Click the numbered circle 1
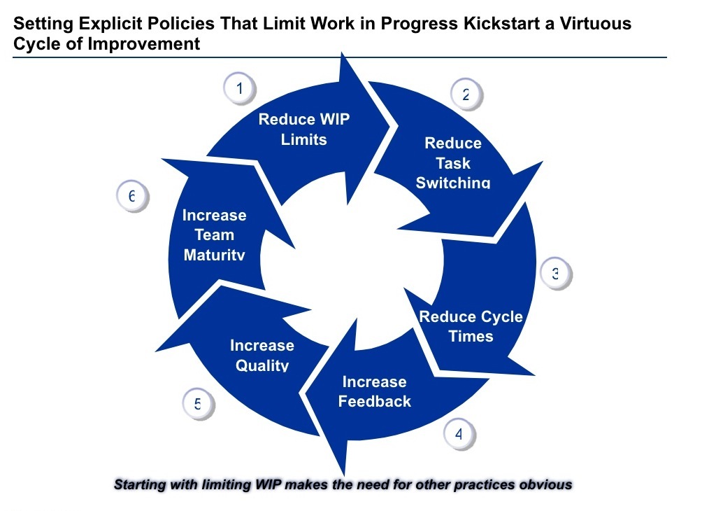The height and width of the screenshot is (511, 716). tap(240, 89)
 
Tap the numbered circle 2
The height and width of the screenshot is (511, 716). tap(466, 95)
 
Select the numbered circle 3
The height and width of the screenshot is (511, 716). tap(555, 274)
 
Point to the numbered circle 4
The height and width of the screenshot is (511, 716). tap(459, 434)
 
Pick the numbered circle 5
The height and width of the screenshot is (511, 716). tap(198, 404)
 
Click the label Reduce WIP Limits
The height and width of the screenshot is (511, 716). tap(304, 129)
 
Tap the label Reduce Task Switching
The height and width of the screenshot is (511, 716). tap(453, 163)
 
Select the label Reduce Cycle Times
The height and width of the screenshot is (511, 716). tap(471, 326)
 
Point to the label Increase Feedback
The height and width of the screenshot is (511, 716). tap(374, 391)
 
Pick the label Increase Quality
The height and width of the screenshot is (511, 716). tap(262, 355)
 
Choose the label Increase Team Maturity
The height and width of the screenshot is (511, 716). tap(215, 235)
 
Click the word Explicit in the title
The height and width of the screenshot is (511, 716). tap(111, 24)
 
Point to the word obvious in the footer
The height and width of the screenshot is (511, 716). tap(545, 484)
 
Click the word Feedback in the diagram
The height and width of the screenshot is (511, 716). tap(375, 402)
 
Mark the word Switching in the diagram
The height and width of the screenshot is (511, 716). tap(453, 183)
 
